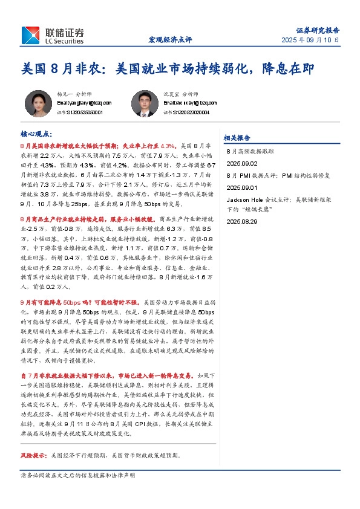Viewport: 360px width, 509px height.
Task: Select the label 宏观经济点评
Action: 170,40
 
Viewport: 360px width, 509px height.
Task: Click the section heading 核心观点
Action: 36,133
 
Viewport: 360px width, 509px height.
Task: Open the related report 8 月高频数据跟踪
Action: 250,153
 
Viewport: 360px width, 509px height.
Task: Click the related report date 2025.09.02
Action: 242,163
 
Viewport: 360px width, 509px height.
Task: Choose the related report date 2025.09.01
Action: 242,187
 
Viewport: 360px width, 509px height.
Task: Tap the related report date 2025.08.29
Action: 242,222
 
